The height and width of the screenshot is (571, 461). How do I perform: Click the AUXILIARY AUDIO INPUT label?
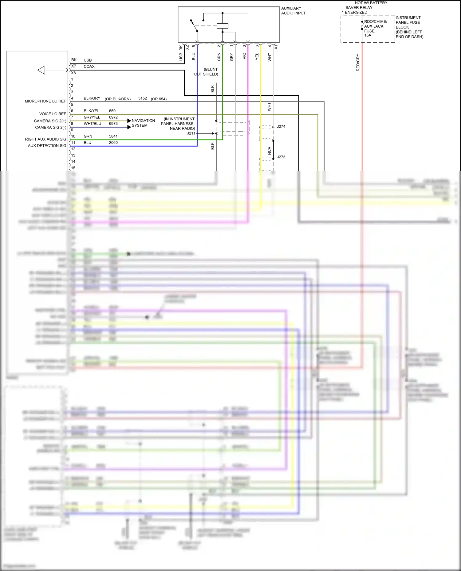pos(293,11)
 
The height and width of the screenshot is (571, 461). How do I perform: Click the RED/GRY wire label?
pos(358,63)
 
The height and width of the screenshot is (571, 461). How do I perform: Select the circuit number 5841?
pos(113,136)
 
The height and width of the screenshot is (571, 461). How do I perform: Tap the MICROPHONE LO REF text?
pos(45,101)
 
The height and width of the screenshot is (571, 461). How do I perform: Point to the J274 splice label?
pos(281,126)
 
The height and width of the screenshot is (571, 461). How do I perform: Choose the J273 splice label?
pos(281,157)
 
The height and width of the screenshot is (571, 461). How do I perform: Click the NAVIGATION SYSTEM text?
pos(143,123)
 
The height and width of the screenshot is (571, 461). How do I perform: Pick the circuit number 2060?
pos(113,143)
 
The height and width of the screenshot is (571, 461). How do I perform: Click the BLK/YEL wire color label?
pos(91,111)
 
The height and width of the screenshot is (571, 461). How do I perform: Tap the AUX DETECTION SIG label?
pos(47,146)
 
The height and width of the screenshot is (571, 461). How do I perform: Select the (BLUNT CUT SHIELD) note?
pos(207,72)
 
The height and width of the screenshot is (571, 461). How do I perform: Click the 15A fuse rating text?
pos(368,35)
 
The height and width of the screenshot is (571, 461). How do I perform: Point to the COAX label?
pos(89,67)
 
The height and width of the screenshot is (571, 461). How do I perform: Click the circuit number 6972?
pos(113,117)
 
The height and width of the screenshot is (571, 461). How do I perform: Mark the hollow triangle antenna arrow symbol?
pos(41,70)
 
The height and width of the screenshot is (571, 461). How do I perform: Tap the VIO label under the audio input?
pos(244,56)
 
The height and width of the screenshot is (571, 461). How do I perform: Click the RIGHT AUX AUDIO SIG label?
pos(45,139)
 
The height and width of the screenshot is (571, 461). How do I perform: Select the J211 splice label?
pos(191,133)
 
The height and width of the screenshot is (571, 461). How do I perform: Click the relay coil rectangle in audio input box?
pos(223,26)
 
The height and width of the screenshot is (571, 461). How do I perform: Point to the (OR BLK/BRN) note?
pos(117,99)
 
